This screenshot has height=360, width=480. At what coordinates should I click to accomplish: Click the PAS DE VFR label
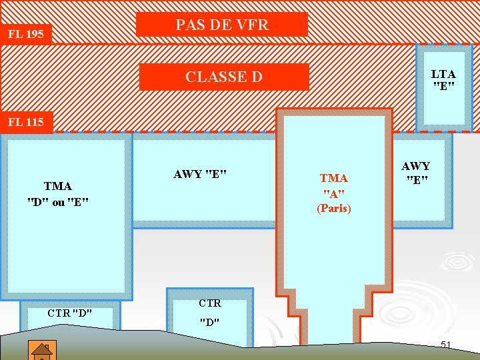221,25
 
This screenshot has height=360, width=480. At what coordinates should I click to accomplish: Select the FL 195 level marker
25,34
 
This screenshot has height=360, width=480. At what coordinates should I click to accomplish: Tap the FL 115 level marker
25,122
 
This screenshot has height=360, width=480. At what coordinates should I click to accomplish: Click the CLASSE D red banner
224,77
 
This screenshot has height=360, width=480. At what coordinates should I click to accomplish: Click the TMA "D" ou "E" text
58,194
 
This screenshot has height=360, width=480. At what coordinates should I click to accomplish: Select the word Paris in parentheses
334,208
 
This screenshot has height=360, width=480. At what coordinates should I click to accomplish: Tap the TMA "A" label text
334,186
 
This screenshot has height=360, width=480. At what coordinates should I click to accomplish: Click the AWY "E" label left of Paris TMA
200,175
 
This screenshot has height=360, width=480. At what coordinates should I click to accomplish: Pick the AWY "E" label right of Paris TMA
415,173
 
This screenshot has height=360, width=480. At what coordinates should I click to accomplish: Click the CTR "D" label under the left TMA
69,313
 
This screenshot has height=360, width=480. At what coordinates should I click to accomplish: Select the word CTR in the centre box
209,303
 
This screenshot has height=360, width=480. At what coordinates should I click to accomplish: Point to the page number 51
446,345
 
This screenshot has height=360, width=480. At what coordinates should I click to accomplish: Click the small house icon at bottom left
41,349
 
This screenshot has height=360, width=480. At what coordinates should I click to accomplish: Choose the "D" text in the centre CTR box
209,323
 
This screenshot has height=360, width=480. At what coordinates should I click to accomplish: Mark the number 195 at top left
34,34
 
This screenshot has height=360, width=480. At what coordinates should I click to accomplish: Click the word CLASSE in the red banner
206,77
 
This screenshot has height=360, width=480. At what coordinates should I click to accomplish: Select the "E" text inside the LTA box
443,87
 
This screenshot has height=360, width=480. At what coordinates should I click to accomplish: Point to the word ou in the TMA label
58,202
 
